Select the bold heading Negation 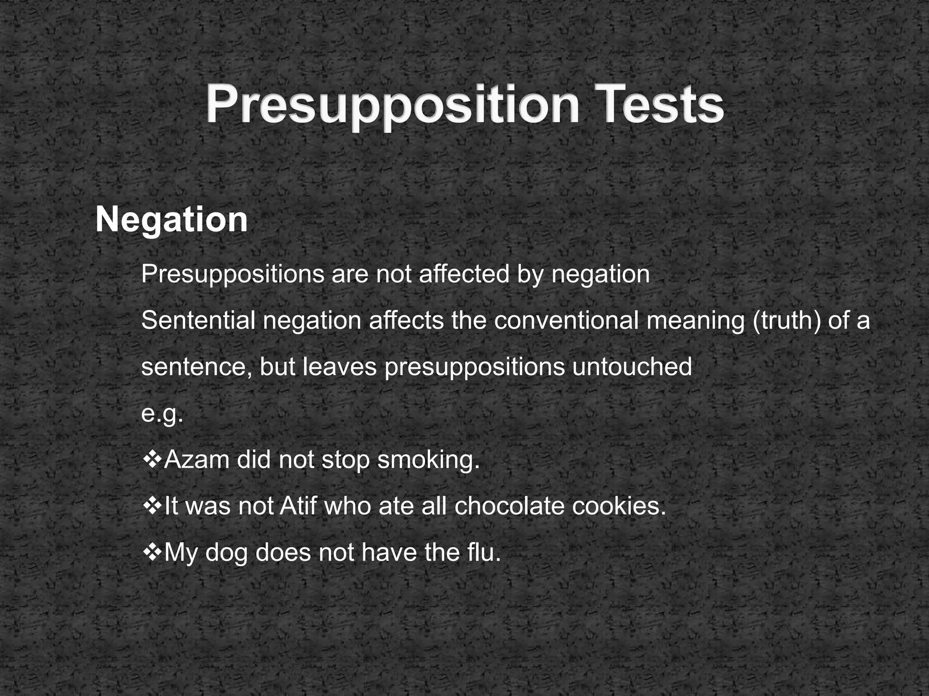[x=171, y=220]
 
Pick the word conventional [x=567, y=320]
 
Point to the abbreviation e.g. [x=162, y=414]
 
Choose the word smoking [x=428, y=460]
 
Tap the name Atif [x=298, y=506]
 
